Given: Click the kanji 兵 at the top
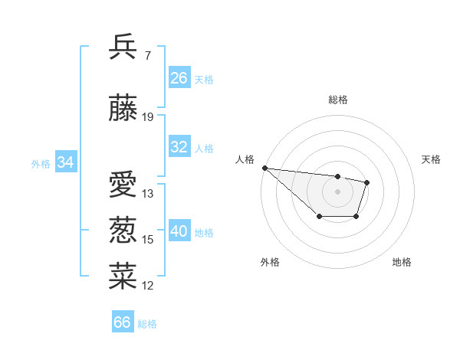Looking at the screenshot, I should pyautogui.click(x=123, y=47).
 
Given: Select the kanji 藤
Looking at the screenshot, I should pyautogui.click(x=123, y=110).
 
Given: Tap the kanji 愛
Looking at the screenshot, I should pyautogui.click(x=123, y=186).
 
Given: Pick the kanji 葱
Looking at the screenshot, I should pyautogui.click(x=123, y=231).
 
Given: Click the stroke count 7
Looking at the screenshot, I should pyautogui.click(x=147, y=55).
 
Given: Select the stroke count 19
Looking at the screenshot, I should pyautogui.click(x=148, y=117).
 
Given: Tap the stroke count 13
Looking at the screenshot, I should pyautogui.click(x=148, y=194).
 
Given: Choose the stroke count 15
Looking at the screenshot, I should pyautogui.click(x=148, y=240).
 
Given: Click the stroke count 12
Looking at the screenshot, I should pyautogui.click(x=148, y=286).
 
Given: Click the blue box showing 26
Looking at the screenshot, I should pyautogui.click(x=179, y=78).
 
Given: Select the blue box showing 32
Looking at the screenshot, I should pyautogui.click(x=179, y=147).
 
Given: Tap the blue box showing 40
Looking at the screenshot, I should pyautogui.click(x=179, y=231).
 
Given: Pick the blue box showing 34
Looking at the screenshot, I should pyautogui.click(x=66, y=162).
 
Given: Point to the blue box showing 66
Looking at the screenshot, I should pyautogui.click(x=123, y=322).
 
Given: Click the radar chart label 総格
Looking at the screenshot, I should pyautogui.click(x=337, y=100).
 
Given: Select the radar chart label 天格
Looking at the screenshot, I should pyautogui.click(x=432, y=159).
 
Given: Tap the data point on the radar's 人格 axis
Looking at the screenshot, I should pyautogui.click(x=264, y=168).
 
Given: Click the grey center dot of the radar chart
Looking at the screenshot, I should pyautogui.click(x=337, y=191).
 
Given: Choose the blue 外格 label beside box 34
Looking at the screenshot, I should pyautogui.click(x=41, y=163).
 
